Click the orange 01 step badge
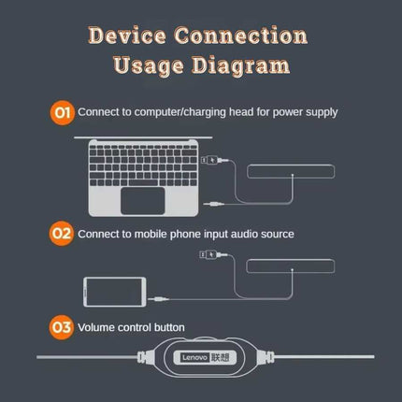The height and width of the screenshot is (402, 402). (x=63, y=112)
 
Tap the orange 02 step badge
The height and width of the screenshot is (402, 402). (x=62, y=234)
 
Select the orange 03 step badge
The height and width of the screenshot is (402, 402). (x=62, y=327)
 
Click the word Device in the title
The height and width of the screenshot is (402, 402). (x=127, y=36)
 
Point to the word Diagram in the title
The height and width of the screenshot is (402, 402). (x=240, y=66)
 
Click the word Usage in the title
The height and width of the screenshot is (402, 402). (x=149, y=66)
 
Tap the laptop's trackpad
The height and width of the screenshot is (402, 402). (x=143, y=201)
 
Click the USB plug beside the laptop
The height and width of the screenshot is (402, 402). (x=214, y=161)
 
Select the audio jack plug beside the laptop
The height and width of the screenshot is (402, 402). (x=214, y=204)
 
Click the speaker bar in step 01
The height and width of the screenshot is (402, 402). (x=291, y=172)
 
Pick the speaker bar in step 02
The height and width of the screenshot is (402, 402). (x=291, y=266)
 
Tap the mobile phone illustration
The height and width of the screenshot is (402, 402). (x=115, y=292)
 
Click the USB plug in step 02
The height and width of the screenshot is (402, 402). (x=213, y=255)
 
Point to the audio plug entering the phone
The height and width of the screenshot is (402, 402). (x=159, y=299)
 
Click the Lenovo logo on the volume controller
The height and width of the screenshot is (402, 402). (x=194, y=357)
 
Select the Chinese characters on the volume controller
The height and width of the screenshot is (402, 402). (x=221, y=357)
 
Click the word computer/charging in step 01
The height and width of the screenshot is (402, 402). (x=179, y=112)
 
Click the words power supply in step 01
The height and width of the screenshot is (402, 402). (x=305, y=113)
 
